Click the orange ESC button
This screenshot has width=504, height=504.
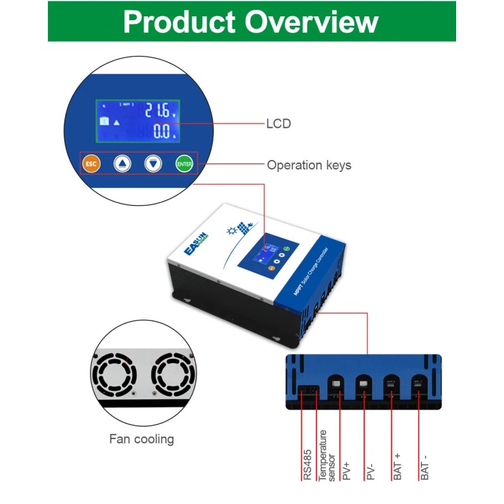(91, 164)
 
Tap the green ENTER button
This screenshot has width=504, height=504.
(184, 164)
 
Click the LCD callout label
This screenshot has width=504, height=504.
(278, 124)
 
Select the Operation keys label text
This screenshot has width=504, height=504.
(309, 166)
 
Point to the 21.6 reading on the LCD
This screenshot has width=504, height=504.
(157, 112)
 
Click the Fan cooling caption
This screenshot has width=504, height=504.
(142, 439)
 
